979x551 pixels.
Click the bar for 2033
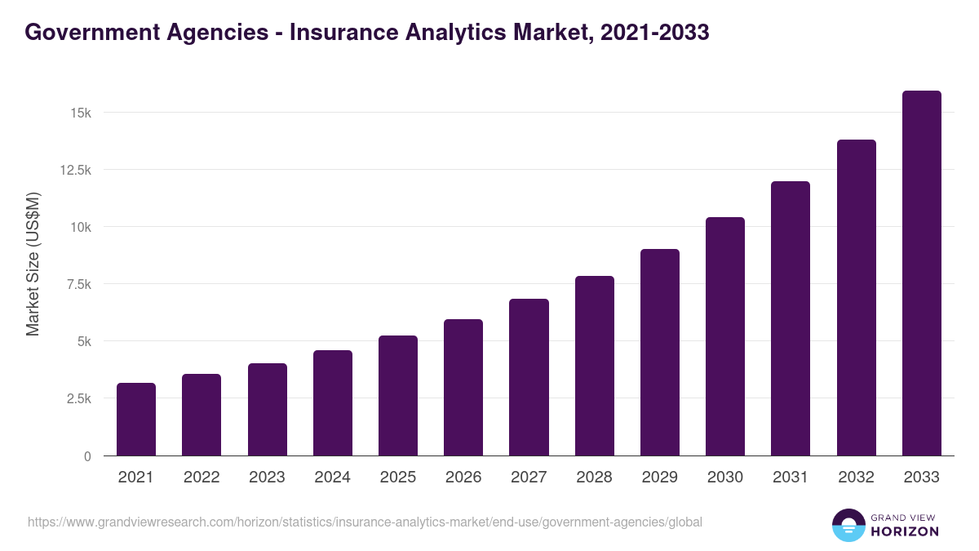point(921,273)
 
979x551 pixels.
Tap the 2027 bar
point(529,377)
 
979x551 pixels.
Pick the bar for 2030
point(725,336)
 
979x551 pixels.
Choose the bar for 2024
point(333,402)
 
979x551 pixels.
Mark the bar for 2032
point(856,298)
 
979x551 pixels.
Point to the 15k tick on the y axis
point(79,113)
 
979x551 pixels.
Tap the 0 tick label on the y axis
point(86,456)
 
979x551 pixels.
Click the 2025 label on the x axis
point(398,478)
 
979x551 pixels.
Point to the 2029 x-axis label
point(660,478)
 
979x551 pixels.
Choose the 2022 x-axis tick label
point(202,478)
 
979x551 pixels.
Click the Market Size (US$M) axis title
point(33,264)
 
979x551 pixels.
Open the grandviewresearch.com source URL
point(365,522)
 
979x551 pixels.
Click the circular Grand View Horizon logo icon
point(848,525)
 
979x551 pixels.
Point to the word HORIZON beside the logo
point(905,531)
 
